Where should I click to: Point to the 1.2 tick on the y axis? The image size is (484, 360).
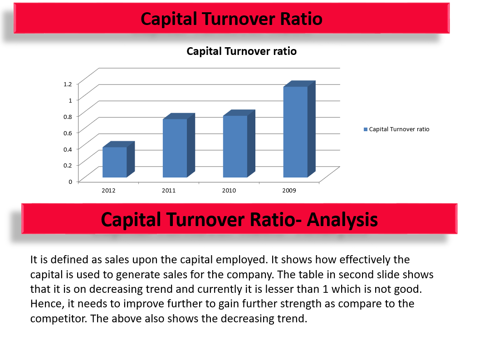[x=68, y=84]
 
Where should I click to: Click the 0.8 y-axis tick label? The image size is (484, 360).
[x=68, y=117]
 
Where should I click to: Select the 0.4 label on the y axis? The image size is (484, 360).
[x=68, y=149]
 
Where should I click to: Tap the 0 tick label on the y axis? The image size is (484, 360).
[x=70, y=182]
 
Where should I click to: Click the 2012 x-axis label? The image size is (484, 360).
[x=108, y=190]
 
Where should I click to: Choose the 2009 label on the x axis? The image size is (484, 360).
[x=289, y=190]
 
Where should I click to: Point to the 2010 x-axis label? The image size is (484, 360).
[x=229, y=190]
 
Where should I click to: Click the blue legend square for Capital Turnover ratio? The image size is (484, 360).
[x=366, y=129]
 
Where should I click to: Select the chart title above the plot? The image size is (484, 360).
[x=241, y=51]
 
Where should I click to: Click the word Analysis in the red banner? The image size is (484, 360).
[x=342, y=220]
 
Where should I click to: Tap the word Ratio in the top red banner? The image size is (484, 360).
[x=301, y=19]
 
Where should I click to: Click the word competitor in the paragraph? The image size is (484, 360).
[x=59, y=319]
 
